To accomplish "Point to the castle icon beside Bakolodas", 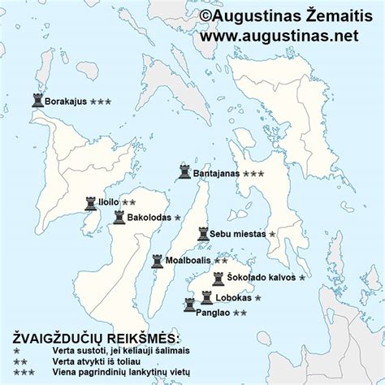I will click(x=119, y=218).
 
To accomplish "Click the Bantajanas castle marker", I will click(x=185, y=172).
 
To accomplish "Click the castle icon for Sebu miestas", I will click(x=203, y=234).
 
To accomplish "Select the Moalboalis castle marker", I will click(x=157, y=261).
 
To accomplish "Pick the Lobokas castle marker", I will click(x=206, y=297).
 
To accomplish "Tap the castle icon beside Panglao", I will click(x=189, y=305).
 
